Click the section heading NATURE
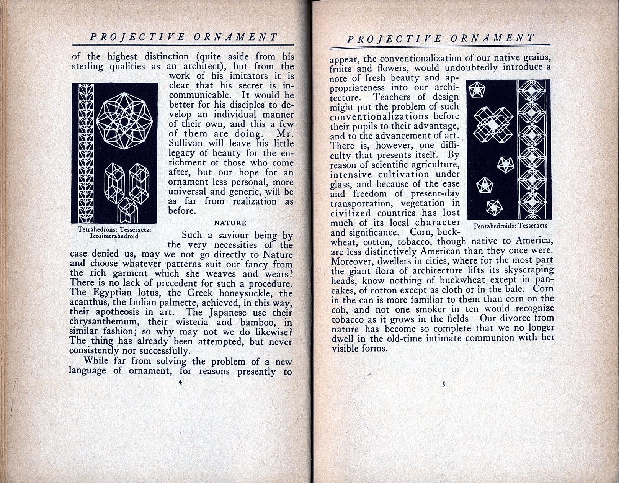point(230,223)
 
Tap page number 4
point(180,381)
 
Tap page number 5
point(444,384)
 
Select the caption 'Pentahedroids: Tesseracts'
point(510,226)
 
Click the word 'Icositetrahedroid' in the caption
point(114,236)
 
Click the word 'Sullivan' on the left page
point(186,143)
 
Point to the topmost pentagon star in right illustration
point(477,91)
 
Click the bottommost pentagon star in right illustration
point(494,207)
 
